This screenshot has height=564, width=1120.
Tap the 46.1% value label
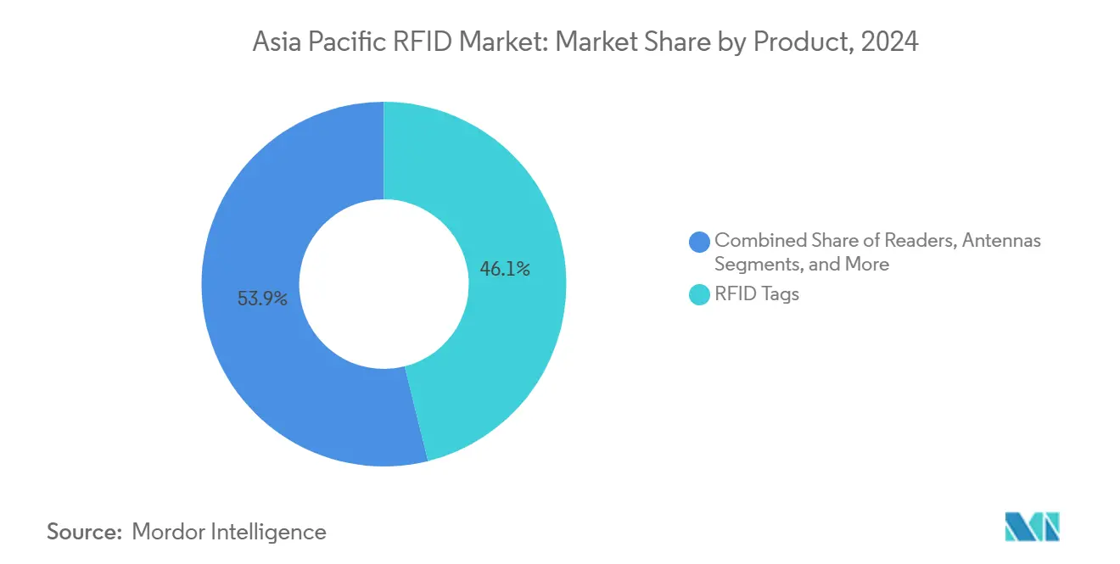505,270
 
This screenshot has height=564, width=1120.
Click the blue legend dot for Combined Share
700,242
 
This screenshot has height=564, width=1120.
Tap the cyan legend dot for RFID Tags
700,295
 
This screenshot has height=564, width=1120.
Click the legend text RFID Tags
757,295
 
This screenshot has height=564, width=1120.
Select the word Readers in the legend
923,240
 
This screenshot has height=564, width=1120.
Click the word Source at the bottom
84,532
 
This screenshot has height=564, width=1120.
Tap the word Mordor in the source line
170,532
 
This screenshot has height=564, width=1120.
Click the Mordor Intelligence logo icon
1032,527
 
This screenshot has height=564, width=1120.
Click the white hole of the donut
384,284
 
